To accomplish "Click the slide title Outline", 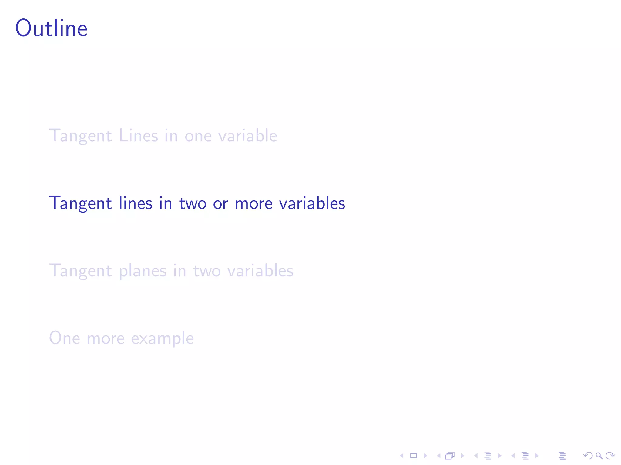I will [51, 28].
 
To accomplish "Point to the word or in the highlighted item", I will [220, 204].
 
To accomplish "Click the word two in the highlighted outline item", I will [193, 203].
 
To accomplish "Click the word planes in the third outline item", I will [143, 271].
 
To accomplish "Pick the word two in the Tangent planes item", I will [207, 271].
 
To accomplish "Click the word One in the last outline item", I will [65, 338].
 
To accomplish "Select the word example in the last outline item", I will [162, 338].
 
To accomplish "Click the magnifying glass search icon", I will [599, 456].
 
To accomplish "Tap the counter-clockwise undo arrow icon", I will [588, 456].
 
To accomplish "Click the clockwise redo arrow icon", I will [610, 456].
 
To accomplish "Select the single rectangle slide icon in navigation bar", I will [413, 456].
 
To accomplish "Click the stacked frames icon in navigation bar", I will [450, 456].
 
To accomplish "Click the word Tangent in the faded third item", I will [80, 271].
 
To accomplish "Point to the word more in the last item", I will [106, 338].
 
